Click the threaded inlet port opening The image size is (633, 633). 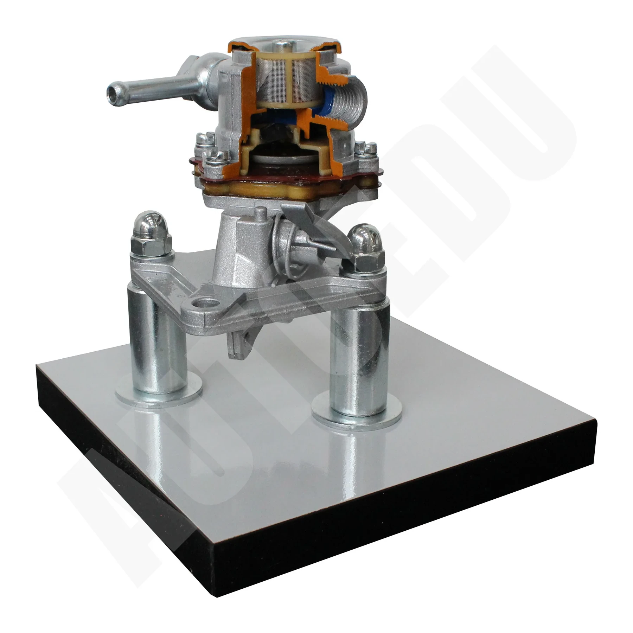[352, 105]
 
